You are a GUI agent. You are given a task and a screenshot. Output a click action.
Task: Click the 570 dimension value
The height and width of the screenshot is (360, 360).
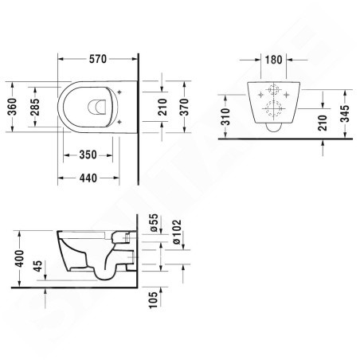click(x=98, y=59)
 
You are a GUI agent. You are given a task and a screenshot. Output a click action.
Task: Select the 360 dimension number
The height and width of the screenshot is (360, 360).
click(x=12, y=107)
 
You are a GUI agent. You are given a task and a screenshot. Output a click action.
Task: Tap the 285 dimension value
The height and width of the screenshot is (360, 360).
click(x=34, y=107)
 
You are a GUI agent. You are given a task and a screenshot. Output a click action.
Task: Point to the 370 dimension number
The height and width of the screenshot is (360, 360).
click(x=184, y=107)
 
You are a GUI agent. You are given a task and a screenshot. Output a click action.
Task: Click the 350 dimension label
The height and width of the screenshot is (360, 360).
click(x=88, y=155)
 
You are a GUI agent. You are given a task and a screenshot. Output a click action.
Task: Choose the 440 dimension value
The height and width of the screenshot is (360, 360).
click(x=88, y=178)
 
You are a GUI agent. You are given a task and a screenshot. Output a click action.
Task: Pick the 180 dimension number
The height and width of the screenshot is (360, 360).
click(x=274, y=60)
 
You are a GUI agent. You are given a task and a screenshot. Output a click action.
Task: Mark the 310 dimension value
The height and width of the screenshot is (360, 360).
click(x=225, y=117)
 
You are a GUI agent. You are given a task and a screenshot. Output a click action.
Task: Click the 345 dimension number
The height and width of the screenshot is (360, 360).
click(x=345, y=114)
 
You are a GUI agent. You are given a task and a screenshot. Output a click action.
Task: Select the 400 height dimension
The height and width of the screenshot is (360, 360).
click(x=20, y=258)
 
